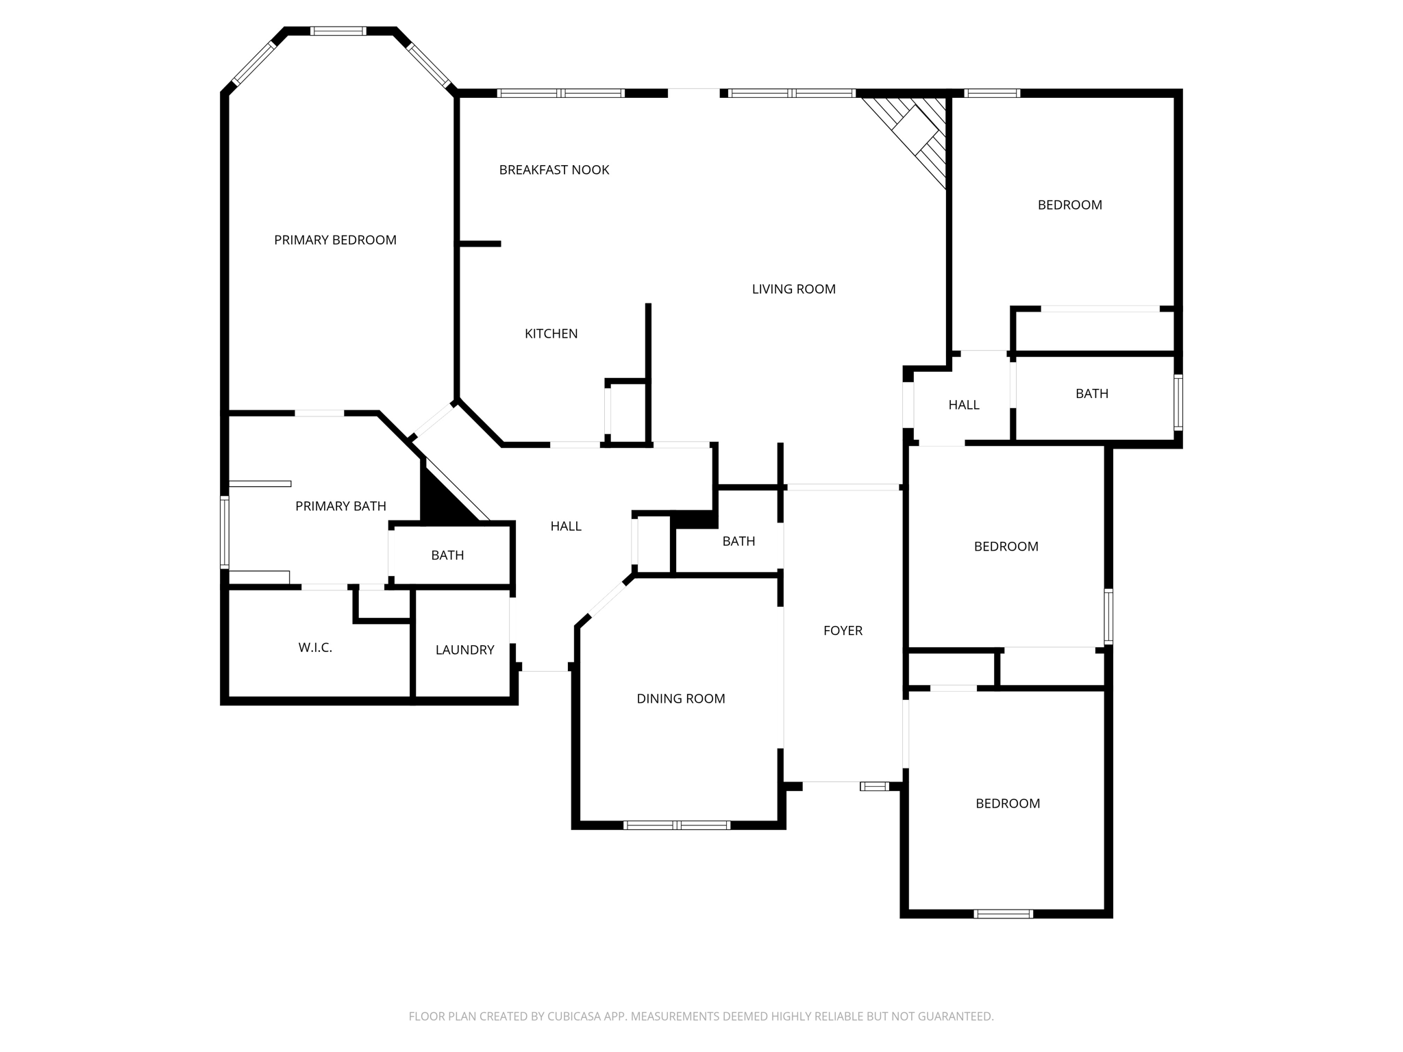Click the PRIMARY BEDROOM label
point(335,240)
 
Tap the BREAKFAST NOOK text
point(554,170)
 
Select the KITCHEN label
point(551,334)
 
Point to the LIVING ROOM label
point(793,289)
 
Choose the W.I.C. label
point(315,647)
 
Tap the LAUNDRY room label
point(464,650)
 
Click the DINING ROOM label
point(680,699)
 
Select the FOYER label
point(843,631)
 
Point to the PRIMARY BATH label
point(340,506)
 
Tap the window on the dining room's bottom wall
point(676,825)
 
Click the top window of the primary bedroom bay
point(338,31)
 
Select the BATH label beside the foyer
point(738,541)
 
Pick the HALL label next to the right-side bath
point(963,405)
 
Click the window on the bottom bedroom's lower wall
point(1003,914)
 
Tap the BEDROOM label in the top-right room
point(1069,205)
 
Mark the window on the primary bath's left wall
point(224,533)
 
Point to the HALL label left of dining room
point(566,526)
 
